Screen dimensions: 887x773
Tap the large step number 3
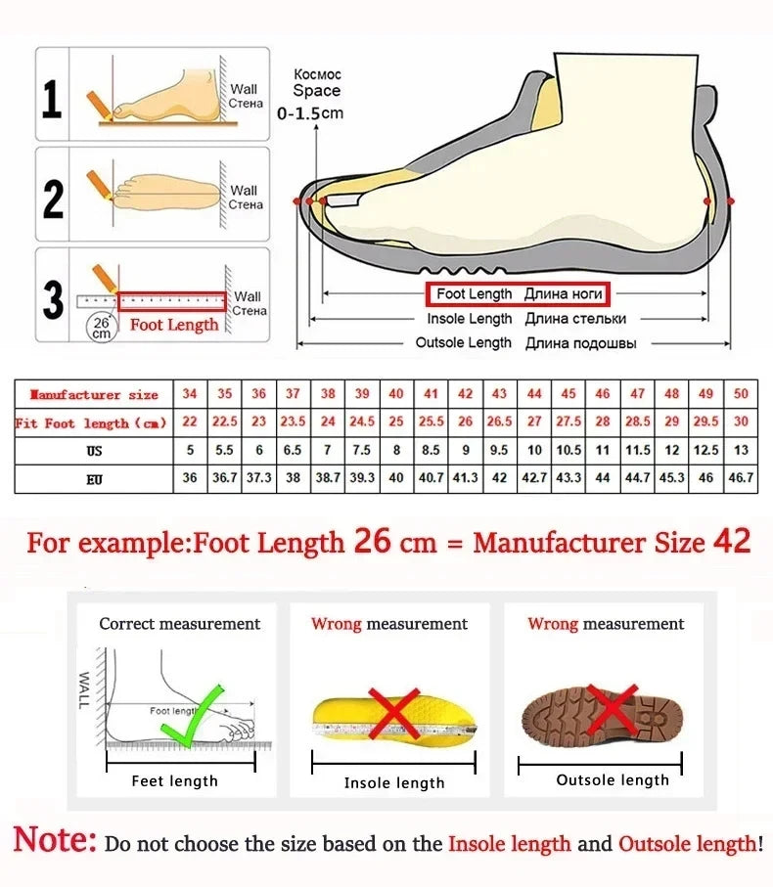53,300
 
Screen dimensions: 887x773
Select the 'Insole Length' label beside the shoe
470,319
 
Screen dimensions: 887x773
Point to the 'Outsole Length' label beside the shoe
464,343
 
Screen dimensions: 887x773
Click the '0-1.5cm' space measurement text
310,113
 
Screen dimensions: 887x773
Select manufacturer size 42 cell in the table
466,394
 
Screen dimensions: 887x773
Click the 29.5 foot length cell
705,422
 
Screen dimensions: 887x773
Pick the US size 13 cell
741,451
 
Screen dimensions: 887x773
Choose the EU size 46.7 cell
741,479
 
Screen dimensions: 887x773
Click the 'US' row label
94,451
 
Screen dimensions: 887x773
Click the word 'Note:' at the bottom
56,840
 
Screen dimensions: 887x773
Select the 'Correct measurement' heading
180,624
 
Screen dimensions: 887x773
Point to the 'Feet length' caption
175,781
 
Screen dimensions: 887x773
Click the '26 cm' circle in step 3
100,327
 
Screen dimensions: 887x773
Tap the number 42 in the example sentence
731,542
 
